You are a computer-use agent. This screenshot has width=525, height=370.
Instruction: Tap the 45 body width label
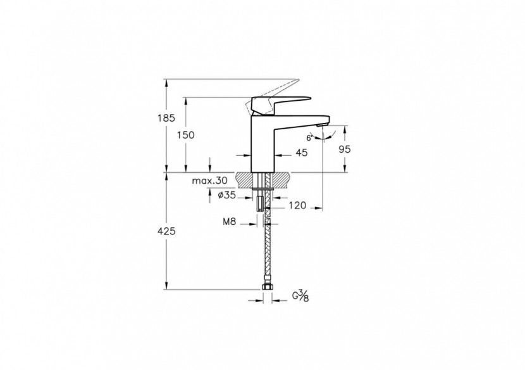302,153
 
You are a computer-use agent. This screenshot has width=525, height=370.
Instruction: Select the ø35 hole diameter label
226,196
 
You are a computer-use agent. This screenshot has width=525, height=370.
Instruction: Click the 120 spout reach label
298,205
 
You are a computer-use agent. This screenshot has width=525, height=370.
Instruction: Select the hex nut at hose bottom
268,290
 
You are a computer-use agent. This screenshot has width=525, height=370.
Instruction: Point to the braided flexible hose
268,253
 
